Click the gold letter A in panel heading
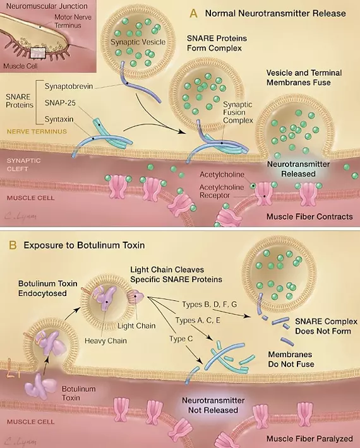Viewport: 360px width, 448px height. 194,13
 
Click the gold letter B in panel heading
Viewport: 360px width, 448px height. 13,245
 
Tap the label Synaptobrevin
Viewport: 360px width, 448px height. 69,86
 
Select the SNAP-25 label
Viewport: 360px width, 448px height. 60,103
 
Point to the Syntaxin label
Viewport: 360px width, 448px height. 59,119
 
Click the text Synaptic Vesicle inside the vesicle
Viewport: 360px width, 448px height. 138,42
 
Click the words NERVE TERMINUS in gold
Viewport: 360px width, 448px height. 37,132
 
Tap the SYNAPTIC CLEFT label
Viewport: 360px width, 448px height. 20,165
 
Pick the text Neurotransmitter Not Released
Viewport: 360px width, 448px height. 213,405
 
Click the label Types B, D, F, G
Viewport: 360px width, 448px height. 210,305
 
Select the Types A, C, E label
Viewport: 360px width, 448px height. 198,321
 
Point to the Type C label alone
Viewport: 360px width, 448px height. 181,339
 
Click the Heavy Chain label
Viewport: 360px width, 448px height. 105,341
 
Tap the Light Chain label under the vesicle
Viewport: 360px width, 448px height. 136,326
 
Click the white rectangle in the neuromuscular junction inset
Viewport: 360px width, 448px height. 38,53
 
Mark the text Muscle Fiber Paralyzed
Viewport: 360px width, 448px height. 309,439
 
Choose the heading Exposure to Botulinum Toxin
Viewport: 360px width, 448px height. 84,245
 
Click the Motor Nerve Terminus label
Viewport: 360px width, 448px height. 73,21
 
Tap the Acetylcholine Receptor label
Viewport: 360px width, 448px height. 222,191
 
